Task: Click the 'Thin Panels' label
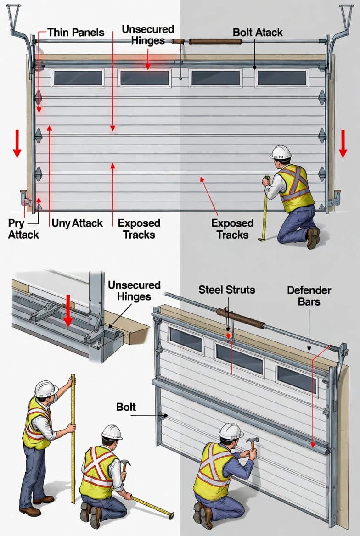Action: [x=76, y=33]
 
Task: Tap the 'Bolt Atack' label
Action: [x=258, y=33]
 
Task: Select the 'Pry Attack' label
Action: [x=23, y=229]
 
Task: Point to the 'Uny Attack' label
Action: [x=77, y=223]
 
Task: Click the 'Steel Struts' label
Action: [x=226, y=290]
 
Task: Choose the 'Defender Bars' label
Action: [x=309, y=296]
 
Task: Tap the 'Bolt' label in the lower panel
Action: [x=126, y=407]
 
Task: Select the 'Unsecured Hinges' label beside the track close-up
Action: [x=134, y=290]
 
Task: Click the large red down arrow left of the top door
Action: [x=17, y=144]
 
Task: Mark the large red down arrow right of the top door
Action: [x=343, y=144]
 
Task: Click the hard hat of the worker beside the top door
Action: [x=281, y=152]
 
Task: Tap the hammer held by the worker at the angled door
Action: [x=252, y=443]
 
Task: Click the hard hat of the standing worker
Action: [x=46, y=389]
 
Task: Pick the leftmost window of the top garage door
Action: [x=78, y=78]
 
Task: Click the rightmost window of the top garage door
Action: [x=281, y=78]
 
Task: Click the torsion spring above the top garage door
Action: [x=215, y=41]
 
